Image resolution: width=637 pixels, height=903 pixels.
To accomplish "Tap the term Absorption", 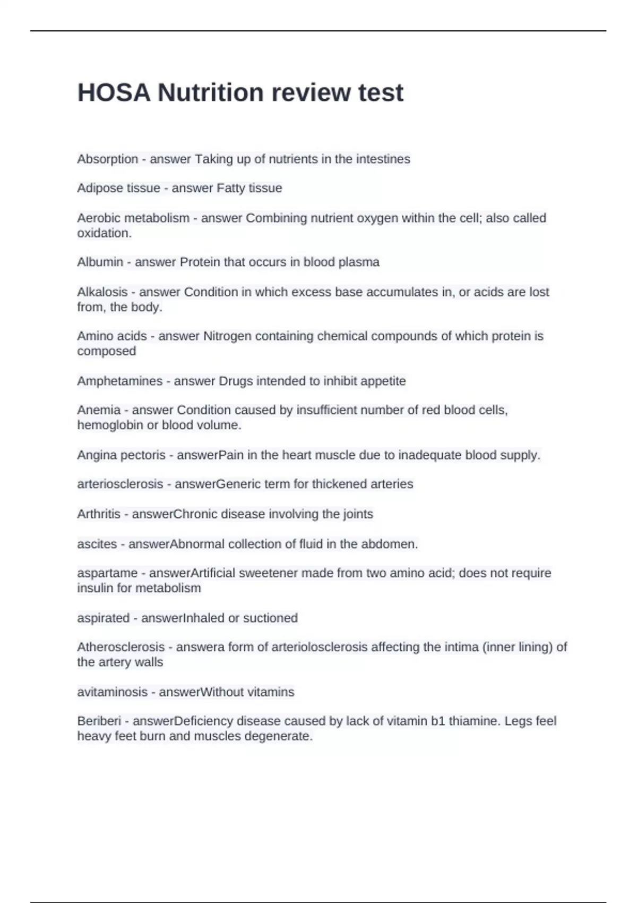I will [107, 159].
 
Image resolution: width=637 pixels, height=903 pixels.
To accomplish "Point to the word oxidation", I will [104, 233].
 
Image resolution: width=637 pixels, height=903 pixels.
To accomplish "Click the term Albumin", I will [100, 262].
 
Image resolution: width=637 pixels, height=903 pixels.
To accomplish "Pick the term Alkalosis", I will [102, 292].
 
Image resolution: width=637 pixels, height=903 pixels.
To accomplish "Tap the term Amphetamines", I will [119, 381].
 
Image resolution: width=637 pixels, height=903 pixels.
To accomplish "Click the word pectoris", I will [143, 455].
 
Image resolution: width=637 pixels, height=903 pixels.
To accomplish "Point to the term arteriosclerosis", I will [120, 484].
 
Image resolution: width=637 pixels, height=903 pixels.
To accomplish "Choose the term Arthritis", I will [99, 514].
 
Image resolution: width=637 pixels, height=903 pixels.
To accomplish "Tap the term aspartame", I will [107, 573].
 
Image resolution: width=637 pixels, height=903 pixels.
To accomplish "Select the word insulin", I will [93, 588].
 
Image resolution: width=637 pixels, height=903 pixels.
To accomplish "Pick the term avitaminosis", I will [112, 692].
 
